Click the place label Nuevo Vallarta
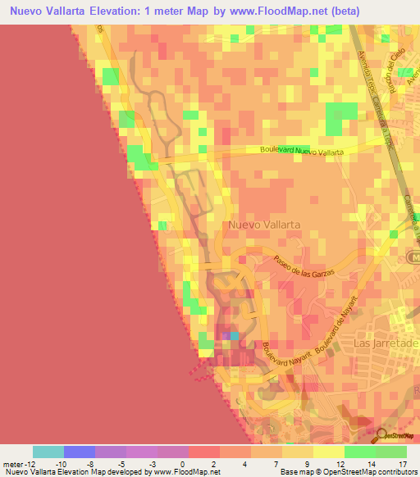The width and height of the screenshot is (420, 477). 264,224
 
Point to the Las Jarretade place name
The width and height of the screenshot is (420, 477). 385,343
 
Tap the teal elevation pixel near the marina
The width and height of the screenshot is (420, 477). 235,335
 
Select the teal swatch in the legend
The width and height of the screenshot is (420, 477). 48,452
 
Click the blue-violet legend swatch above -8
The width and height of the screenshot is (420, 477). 80,452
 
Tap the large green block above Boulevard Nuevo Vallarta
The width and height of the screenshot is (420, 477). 336,120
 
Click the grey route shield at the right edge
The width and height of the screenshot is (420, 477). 414,258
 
